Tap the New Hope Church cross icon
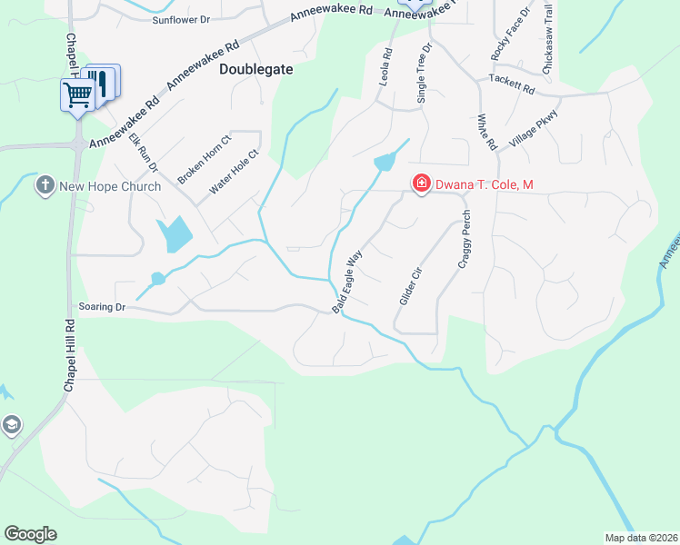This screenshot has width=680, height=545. (x=44, y=186)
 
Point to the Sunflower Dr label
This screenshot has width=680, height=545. (x=182, y=19)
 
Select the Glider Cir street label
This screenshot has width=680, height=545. (x=411, y=285)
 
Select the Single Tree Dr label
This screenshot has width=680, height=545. (x=423, y=70)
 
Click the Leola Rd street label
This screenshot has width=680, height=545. (x=385, y=68)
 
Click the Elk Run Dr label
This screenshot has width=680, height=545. (x=144, y=153)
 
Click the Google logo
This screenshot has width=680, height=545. (x=30, y=534)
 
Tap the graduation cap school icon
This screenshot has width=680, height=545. (x=12, y=425)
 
